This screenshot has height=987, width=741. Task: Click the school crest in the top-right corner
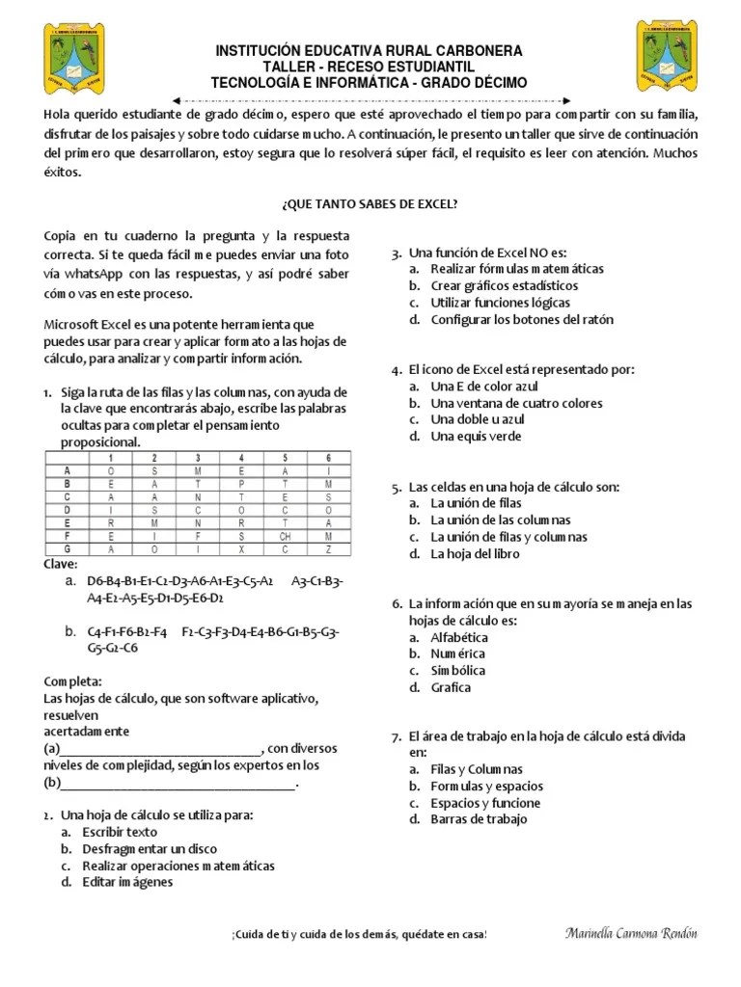pos(666,56)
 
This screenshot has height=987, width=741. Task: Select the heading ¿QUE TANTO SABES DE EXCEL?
pos(370,204)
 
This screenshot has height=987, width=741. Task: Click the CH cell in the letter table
pos(285,535)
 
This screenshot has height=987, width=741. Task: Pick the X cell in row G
pos(241,548)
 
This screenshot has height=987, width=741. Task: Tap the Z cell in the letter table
pos(328,548)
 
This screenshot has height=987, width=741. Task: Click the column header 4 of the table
pos(241,457)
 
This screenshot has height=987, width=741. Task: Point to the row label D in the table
pos(68,509)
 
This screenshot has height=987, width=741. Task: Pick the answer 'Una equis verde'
pos(476,436)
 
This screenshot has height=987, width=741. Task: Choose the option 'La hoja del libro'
pos(475,553)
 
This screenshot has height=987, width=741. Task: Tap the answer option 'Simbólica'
pos(458,670)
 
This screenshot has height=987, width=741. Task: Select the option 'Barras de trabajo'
pos(479,819)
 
